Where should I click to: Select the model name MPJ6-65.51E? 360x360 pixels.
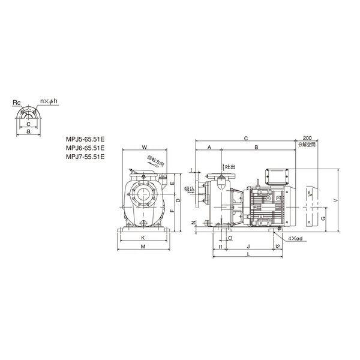tap(85, 147)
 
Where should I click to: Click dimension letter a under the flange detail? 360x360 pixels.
tap(28, 130)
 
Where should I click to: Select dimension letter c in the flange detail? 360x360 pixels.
tap(28, 123)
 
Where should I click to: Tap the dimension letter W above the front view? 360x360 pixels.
tap(145, 146)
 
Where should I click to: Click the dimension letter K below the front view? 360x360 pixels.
tap(143, 239)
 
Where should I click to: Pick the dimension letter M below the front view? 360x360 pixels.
tap(143, 247)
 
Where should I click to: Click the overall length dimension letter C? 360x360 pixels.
tap(246, 139)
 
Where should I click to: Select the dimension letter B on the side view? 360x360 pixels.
tap(256, 147)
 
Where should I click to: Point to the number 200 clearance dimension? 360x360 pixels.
tap(307, 139)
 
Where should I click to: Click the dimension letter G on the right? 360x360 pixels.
tap(323, 219)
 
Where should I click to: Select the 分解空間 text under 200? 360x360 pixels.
tap(307, 145)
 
